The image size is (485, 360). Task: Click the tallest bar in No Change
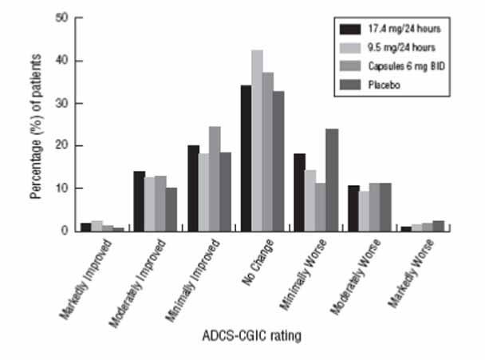(x=257, y=140)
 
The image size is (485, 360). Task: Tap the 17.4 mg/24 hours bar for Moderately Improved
(x=138, y=201)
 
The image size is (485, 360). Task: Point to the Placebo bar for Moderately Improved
(x=172, y=209)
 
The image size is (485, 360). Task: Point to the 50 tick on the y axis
(x=65, y=18)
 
